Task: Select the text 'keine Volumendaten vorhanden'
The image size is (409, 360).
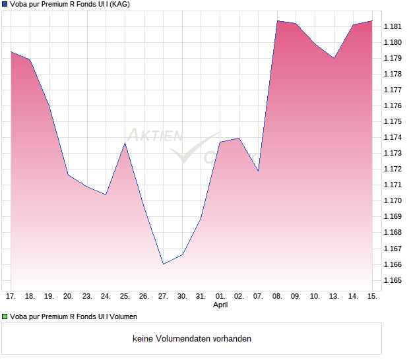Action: [x=192, y=339]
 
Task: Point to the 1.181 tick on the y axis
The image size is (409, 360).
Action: [x=393, y=26]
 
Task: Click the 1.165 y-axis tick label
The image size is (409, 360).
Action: [x=393, y=280]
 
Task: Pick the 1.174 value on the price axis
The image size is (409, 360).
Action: [x=393, y=137]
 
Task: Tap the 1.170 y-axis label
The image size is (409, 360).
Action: [x=393, y=200]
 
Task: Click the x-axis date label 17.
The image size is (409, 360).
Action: [x=11, y=296]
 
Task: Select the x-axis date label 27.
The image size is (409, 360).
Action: [x=163, y=296]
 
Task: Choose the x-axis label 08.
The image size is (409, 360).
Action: [x=277, y=296]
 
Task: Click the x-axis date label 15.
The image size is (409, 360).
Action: [x=372, y=296]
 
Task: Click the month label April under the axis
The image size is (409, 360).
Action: [x=220, y=305]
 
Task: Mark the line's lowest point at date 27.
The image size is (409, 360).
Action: [x=163, y=264]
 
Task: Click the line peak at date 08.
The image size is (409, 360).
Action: [x=277, y=21]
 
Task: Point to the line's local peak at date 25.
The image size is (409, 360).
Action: [x=125, y=143]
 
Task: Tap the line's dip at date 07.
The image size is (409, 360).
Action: [x=258, y=170]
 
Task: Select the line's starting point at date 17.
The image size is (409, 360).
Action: [x=11, y=51]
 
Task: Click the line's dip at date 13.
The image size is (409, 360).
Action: [x=334, y=58]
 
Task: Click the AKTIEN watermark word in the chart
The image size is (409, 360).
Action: [x=154, y=135]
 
